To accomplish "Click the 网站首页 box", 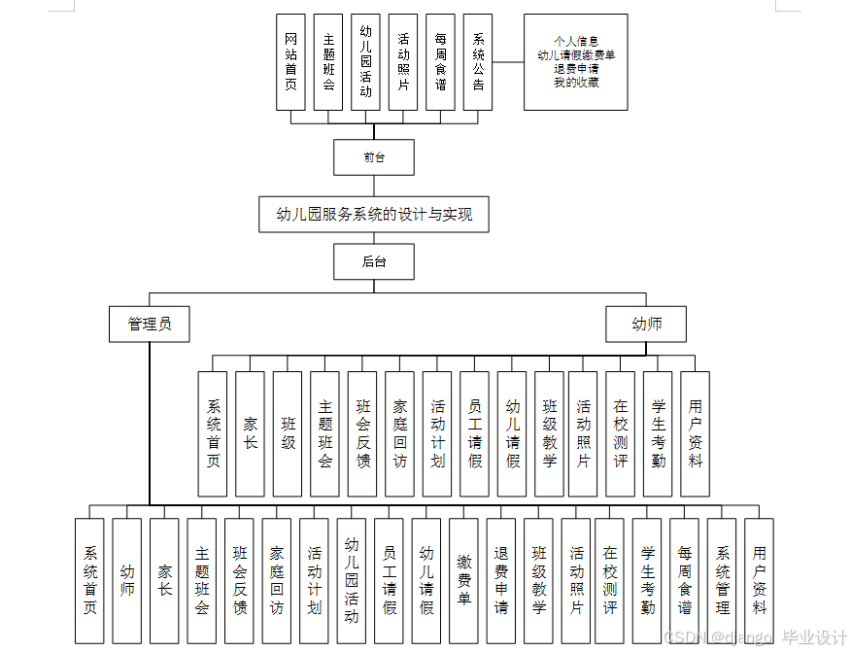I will [x=290, y=63].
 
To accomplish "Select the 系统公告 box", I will [x=478, y=63].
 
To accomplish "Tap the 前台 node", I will [x=374, y=157].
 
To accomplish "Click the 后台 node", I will [x=374, y=261].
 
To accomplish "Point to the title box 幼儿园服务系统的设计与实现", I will [x=374, y=215].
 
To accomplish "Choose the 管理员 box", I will [x=150, y=325].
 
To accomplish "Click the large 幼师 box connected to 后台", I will [x=646, y=325].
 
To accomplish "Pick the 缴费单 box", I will [x=463, y=580].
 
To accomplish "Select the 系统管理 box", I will [x=722, y=580].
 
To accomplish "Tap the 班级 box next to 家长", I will [x=288, y=433].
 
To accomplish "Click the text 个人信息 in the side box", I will [x=576, y=42].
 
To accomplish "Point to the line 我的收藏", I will [x=576, y=83].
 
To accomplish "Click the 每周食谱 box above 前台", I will [x=440, y=63].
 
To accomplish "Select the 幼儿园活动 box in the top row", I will [x=365, y=63].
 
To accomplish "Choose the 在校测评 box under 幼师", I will [x=620, y=433].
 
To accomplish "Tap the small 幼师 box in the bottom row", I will [x=127, y=580].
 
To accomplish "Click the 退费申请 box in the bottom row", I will [x=501, y=580].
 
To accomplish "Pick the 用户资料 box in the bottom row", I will [x=759, y=580].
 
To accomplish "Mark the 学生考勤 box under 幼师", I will [x=658, y=433].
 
